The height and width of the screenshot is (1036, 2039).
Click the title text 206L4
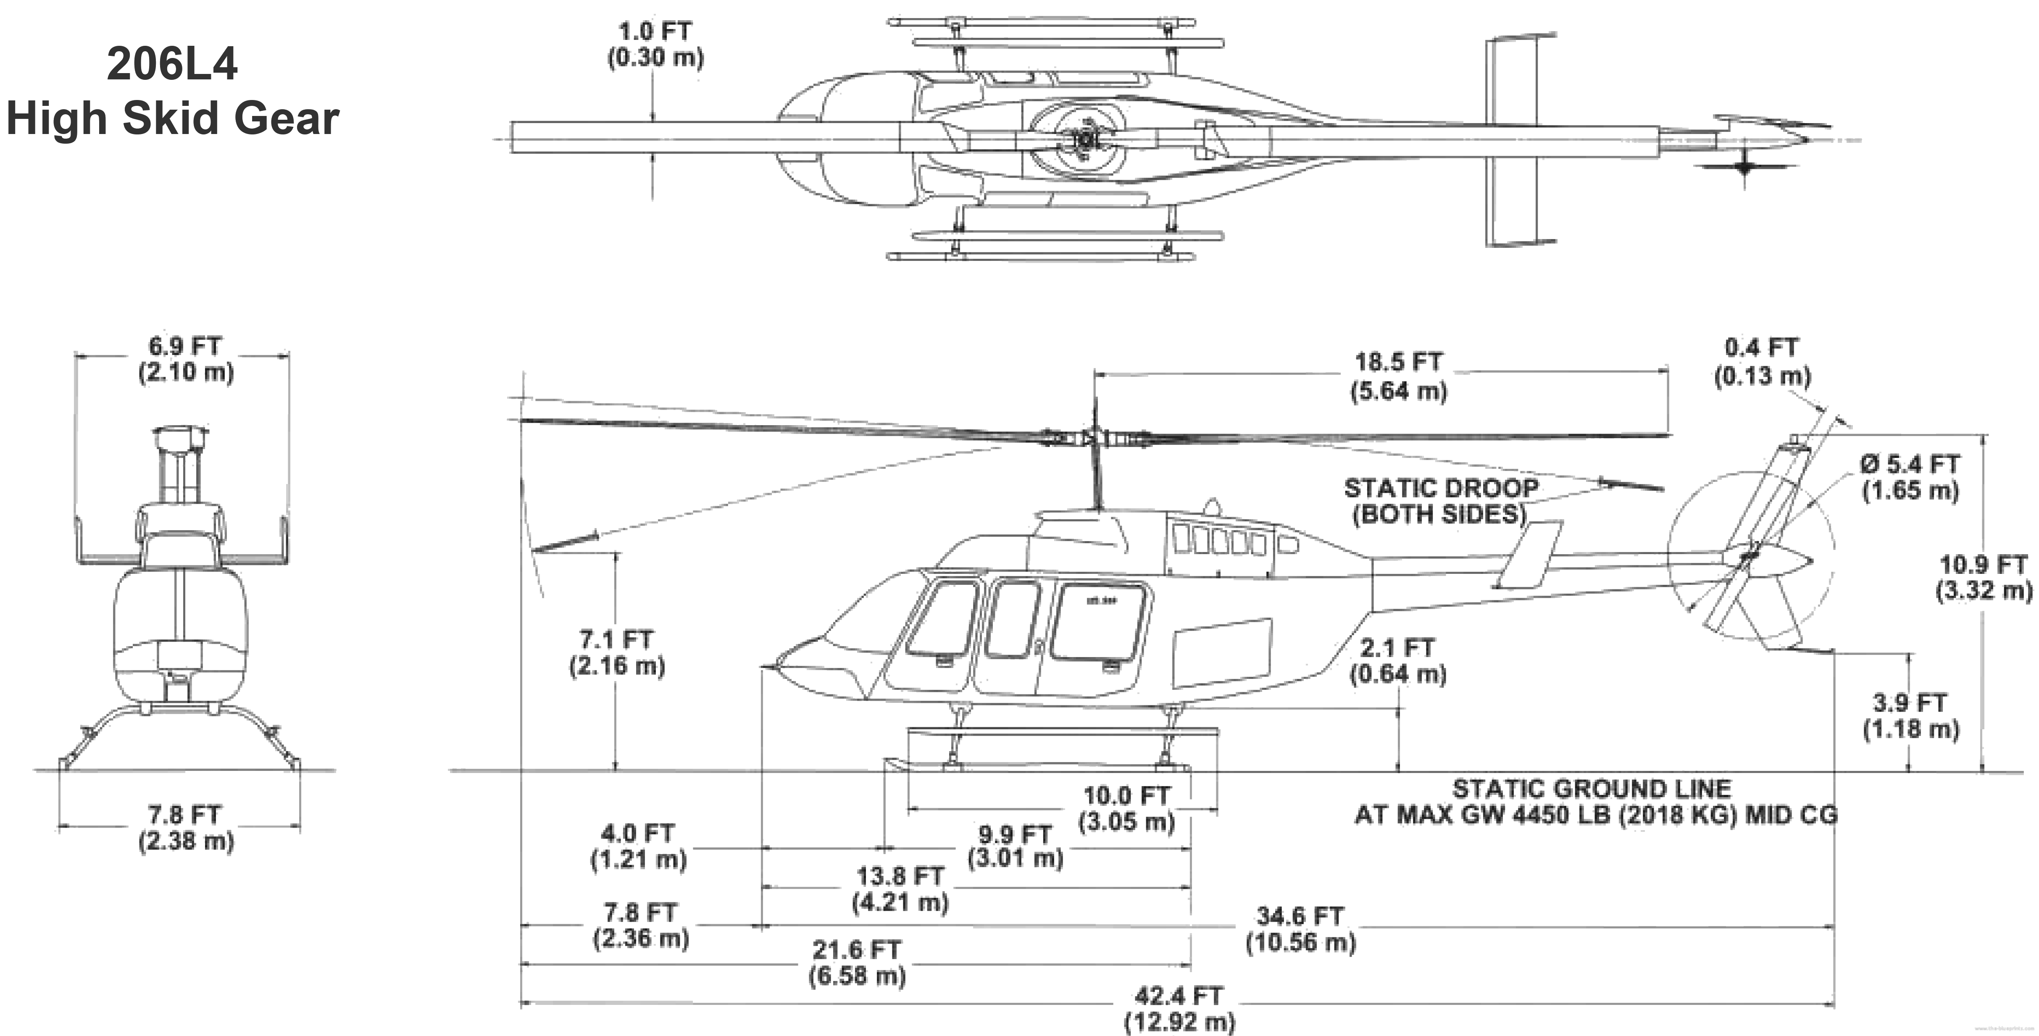coord(172,65)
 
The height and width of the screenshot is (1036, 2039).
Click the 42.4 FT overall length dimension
coord(1179,996)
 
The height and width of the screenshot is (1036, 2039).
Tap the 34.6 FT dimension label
coord(1300,917)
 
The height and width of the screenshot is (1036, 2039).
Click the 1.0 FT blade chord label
coord(655,32)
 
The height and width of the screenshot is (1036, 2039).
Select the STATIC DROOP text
coord(1441,488)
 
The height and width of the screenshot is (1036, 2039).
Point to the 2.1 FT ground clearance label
coord(1397,648)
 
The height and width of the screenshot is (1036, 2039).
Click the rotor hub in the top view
coord(1082,140)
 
